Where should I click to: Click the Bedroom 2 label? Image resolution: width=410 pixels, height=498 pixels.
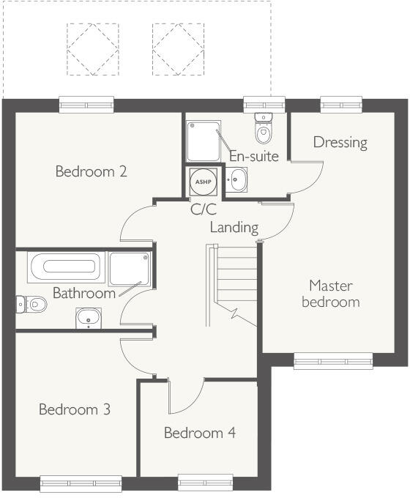click(x=92, y=172)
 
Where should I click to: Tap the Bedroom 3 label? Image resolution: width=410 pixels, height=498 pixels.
click(x=75, y=409)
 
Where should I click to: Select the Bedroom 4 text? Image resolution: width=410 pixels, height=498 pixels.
click(x=199, y=433)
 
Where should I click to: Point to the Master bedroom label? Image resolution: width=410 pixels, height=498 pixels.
click(x=331, y=293)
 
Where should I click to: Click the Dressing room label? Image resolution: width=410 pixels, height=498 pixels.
click(x=340, y=142)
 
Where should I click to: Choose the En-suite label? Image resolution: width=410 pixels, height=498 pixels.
click(x=253, y=156)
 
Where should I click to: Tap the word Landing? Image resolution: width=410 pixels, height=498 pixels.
click(x=234, y=227)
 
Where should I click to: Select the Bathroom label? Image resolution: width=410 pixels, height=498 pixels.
click(x=83, y=293)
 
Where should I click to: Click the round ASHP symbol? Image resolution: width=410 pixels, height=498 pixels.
click(x=201, y=179)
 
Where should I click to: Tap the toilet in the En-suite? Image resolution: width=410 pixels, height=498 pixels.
click(x=262, y=129)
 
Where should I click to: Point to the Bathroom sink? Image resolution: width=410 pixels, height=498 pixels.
click(x=89, y=318)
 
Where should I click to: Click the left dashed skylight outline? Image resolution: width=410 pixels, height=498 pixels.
click(x=92, y=48)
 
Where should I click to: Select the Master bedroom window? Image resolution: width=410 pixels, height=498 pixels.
click(x=332, y=360)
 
